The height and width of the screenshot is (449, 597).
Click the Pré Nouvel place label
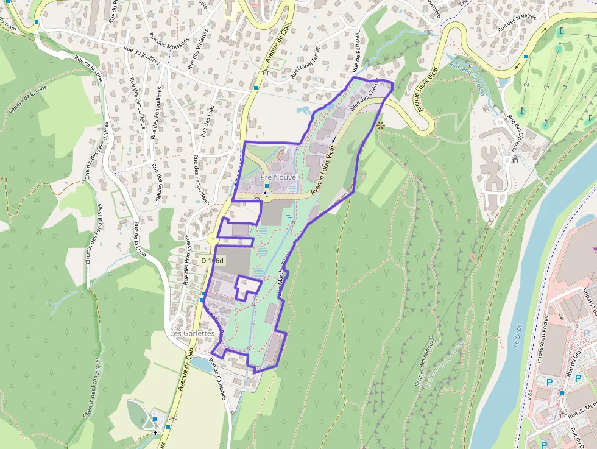point(280,177)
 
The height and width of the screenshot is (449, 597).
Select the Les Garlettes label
point(192,334)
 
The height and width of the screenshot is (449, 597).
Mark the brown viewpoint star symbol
point(381,126)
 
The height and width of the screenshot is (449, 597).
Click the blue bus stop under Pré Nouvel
point(267,186)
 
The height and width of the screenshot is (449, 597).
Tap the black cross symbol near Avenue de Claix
point(155,432)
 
